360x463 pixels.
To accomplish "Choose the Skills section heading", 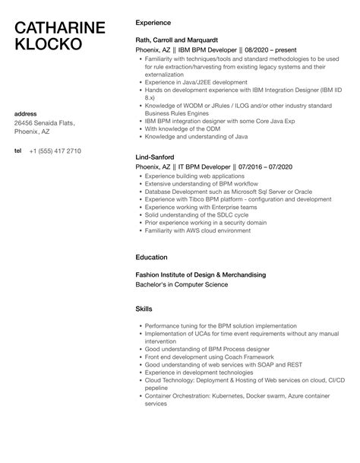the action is (x=144, y=309).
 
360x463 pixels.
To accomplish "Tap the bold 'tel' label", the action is (x=18, y=151).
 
